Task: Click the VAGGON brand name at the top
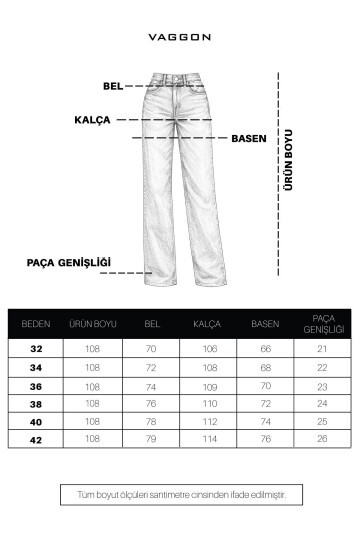[179, 37]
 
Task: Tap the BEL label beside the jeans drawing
[112, 86]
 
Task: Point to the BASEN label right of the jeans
[249, 138]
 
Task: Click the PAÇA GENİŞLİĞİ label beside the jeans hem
[68, 263]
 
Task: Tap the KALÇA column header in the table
[207, 324]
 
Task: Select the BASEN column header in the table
[264, 324]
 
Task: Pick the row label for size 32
[36, 348]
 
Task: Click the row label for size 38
[36, 404]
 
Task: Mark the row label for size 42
[36, 438]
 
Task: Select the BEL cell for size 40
[152, 421]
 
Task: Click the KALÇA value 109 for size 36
[208, 386]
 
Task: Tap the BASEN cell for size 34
[265, 367]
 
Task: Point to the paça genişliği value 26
[322, 438]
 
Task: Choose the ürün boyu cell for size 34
[92, 367]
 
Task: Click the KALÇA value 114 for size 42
[208, 438]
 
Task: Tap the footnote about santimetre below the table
[180, 494]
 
